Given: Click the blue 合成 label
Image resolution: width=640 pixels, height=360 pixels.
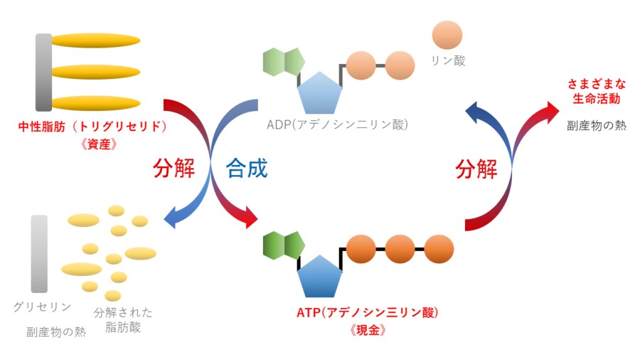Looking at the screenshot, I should coord(247,169).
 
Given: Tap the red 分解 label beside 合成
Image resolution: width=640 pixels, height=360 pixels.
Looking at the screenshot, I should coord(174,169).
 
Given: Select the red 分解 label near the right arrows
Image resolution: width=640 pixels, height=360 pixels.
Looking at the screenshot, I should coord(476,169).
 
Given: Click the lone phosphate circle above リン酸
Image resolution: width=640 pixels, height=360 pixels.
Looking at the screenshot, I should coord(447,35).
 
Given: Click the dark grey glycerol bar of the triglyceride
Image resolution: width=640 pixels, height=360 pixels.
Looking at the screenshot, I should coord(43,71).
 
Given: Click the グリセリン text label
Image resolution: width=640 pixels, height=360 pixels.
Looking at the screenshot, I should coord(42,307).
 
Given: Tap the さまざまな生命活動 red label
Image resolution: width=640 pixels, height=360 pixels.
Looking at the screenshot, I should coord(594,90).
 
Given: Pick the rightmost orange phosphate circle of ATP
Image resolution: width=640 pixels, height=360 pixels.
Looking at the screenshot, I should coord(439,249).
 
